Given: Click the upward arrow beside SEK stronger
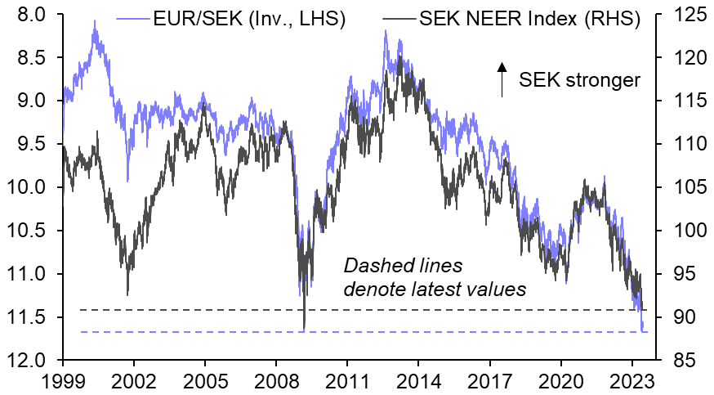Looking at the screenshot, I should tap(502, 79).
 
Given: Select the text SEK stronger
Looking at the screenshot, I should tap(581, 80).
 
